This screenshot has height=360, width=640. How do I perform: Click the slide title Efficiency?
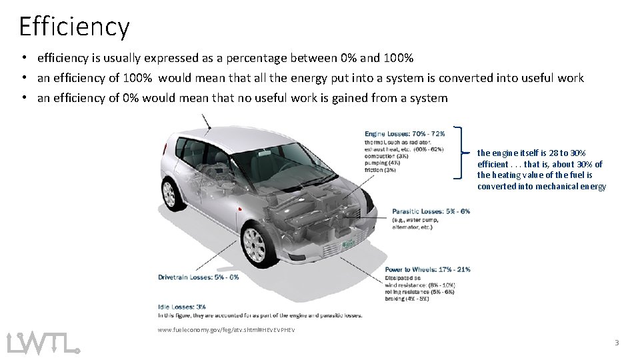pyautogui.click(x=74, y=27)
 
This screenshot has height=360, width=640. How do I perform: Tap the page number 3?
pyautogui.click(x=617, y=343)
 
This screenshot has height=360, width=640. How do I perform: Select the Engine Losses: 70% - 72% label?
pyautogui.click(x=405, y=133)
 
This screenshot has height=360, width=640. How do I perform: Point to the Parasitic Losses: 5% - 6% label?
pyautogui.click(x=431, y=211)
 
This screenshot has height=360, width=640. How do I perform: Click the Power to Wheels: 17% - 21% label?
pyautogui.click(x=427, y=269)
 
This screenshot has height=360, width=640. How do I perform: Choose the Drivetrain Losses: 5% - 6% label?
pyautogui.click(x=198, y=277)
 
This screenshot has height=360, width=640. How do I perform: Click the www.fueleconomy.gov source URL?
pyautogui.click(x=226, y=330)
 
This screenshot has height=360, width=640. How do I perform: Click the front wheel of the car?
pyautogui.click(x=254, y=244)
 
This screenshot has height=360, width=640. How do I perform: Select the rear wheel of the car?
pyautogui.click(x=169, y=193)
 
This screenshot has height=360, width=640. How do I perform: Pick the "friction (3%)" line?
pyautogui.click(x=380, y=170)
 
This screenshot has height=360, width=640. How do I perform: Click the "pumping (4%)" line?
pyautogui.click(x=382, y=163)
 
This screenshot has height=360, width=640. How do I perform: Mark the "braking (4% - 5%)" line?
pyautogui.click(x=407, y=298)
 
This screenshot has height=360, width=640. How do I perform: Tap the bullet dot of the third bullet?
pyautogui.click(x=23, y=98)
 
